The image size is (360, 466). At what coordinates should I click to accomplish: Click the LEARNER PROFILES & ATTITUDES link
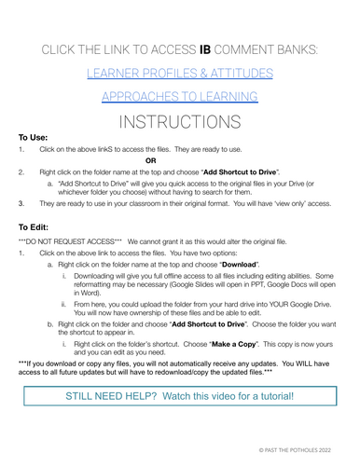pyautogui.click(x=180, y=71)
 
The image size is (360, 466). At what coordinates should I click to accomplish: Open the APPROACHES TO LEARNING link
pyautogui.click(x=180, y=96)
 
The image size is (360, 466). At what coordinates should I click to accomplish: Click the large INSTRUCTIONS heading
pyautogui.click(x=180, y=122)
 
